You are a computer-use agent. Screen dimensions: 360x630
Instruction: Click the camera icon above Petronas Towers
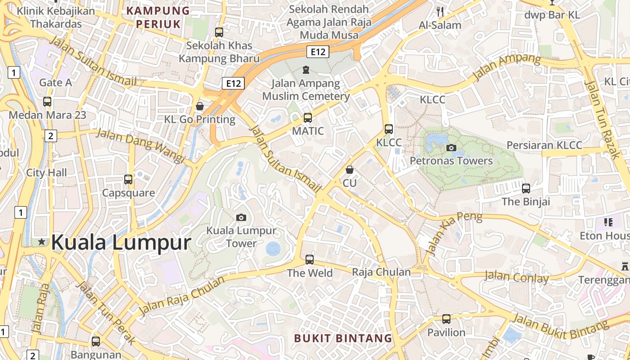click(x=451, y=148)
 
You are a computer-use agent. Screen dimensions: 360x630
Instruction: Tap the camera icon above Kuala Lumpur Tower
click(x=241, y=218)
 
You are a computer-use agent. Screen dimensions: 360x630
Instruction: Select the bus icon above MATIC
click(x=308, y=118)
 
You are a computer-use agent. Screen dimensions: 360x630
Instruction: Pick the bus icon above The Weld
click(x=310, y=260)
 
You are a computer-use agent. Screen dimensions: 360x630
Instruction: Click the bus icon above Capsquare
click(x=128, y=180)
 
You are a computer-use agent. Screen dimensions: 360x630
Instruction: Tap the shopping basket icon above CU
click(x=349, y=170)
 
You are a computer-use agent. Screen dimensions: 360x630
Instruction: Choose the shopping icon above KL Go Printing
click(x=200, y=106)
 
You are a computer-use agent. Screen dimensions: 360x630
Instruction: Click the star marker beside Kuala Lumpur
click(x=42, y=242)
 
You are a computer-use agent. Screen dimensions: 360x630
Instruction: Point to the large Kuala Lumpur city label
click(x=121, y=243)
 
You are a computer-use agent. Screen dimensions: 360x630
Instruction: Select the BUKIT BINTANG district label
click(x=343, y=338)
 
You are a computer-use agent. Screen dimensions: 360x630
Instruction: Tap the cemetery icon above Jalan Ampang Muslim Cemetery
click(x=306, y=70)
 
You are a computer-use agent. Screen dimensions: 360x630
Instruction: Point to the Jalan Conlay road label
click(x=517, y=276)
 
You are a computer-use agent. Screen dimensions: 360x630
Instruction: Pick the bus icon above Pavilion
click(x=446, y=319)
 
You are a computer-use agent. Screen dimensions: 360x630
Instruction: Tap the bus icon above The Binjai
click(x=526, y=188)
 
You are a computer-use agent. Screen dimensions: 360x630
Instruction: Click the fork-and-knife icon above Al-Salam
click(x=440, y=12)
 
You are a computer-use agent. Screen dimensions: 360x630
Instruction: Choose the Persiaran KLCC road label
click(x=544, y=145)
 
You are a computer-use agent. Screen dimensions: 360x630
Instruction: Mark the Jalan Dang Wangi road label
click(x=141, y=146)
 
